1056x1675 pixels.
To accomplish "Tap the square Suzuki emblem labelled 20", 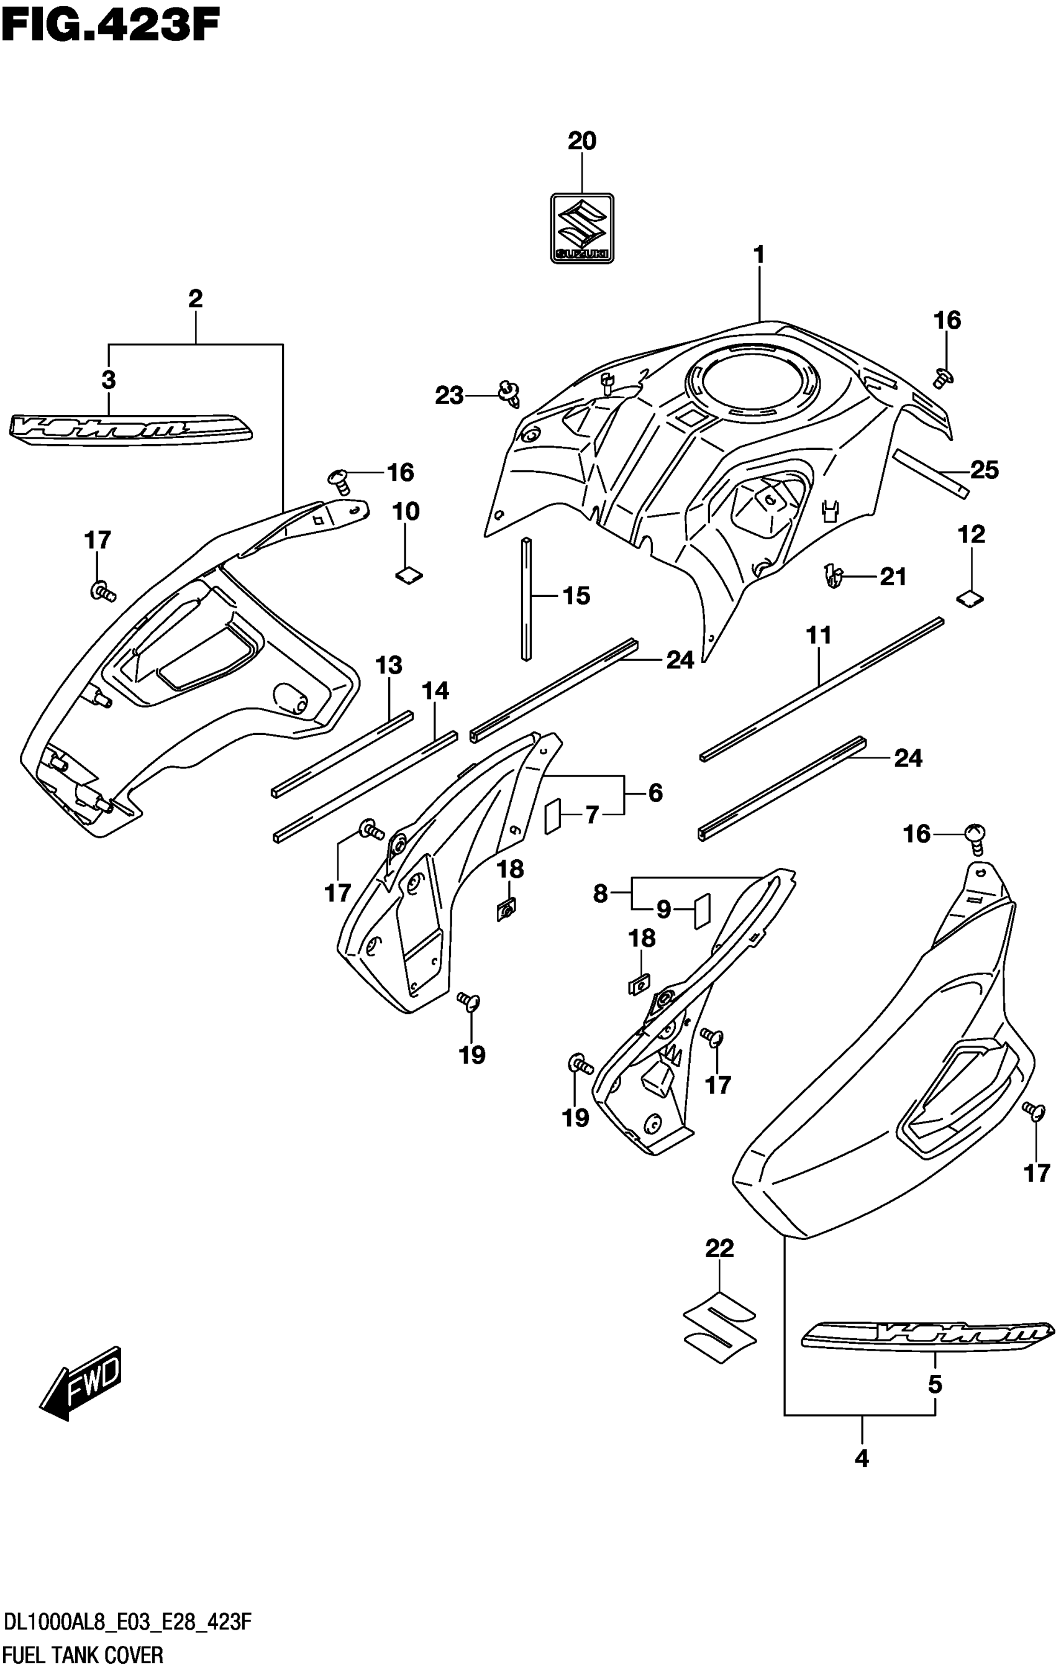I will (x=581, y=228).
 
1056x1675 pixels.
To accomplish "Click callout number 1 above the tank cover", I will (x=759, y=255).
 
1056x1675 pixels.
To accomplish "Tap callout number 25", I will (x=984, y=471).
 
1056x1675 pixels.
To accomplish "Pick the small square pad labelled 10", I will (x=409, y=575).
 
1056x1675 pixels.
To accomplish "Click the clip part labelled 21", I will (x=834, y=575).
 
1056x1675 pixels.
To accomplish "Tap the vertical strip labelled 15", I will (x=527, y=598).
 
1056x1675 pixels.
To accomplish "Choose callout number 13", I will (x=389, y=665).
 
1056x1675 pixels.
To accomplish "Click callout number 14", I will (x=435, y=691).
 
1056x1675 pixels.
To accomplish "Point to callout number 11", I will (x=819, y=636).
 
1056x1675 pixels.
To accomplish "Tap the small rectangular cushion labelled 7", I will (x=552, y=815).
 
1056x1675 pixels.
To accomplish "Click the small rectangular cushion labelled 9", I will (x=701, y=911).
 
